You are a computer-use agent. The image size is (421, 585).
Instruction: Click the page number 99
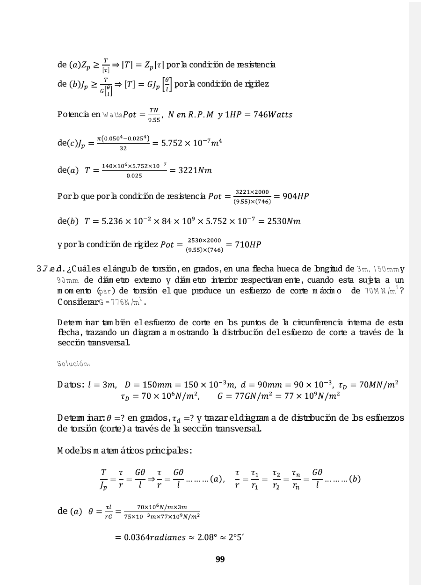[220, 559]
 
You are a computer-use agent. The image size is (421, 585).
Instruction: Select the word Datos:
[71, 385]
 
